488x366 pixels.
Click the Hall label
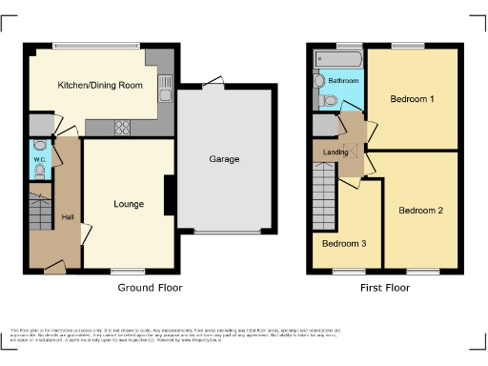tap(68, 217)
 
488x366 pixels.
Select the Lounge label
tap(128, 203)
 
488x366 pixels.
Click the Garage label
tap(224, 159)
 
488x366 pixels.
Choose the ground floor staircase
tap(39, 213)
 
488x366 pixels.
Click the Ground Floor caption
tap(150, 287)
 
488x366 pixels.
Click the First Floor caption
tap(386, 287)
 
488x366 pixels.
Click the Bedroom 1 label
tap(412, 98)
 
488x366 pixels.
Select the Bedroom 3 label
tap(343, 243)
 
